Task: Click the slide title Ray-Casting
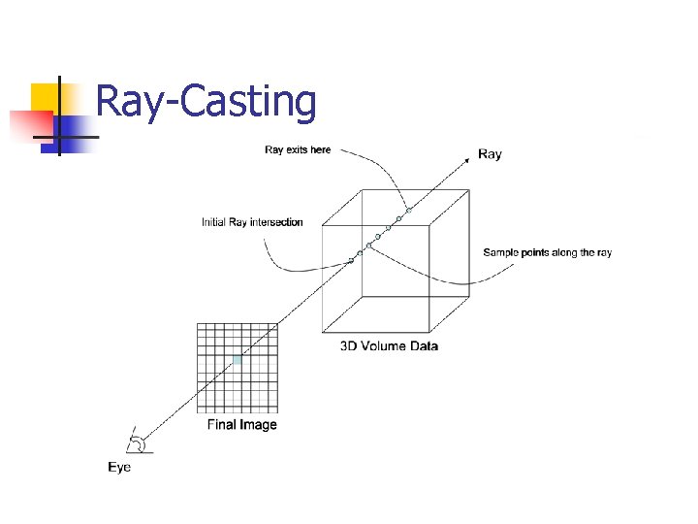[x=206, y=102]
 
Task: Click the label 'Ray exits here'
[x=298, y=149]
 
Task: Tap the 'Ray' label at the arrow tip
[x=491, y=154]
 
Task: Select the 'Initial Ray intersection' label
[x=252, y=222]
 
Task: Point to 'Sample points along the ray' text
[x=547, y=253]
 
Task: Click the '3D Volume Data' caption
[x=389, y=345]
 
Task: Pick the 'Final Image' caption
[x=242, y=424]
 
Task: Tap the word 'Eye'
[x=119, y=468]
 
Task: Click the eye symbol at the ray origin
[x=140, y=442]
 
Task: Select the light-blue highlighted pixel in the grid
[x=237, y=361]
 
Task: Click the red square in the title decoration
[x=29, y=124]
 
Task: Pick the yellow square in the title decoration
[x=47, y=98]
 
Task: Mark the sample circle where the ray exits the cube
[x=409, y=211]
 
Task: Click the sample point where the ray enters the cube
[x=351, y=260]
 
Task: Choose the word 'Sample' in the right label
[x=501, y=253]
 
